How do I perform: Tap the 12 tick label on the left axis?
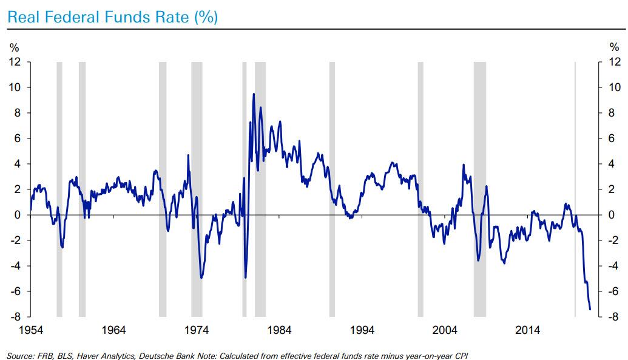(x=15, y=62)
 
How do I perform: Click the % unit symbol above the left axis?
(x=13, y=47)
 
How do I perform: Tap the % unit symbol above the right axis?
(x=613, y=47)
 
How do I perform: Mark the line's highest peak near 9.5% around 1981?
(x=253, y=93)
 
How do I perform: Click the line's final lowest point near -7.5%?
(x=590, y=310)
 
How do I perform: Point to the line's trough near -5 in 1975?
(x=201, y=278)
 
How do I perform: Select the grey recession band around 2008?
(x=480, y=188)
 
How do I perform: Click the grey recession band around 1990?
(x=332, y=188)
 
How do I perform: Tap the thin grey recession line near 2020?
(x=575, y=188)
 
